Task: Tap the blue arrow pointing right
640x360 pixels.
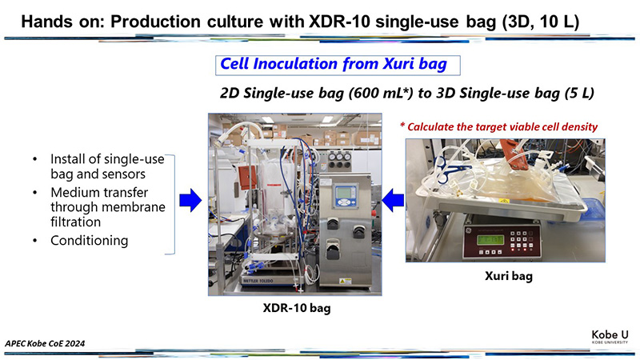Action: click(190, 201)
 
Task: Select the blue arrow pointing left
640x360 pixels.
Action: click(393, 201)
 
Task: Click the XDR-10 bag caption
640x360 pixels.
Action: click(297, 307)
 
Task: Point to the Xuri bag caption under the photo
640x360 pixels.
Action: click(509, 276)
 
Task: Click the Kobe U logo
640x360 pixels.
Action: click(610, 337)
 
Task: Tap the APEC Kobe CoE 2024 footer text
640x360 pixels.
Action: click(45, 343)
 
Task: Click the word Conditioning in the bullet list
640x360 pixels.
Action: click(90, 241)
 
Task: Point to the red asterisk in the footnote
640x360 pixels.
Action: click(402, 126)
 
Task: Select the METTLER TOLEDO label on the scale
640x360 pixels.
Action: click(258, 281)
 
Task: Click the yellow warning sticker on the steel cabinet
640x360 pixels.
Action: click(345, 281)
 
